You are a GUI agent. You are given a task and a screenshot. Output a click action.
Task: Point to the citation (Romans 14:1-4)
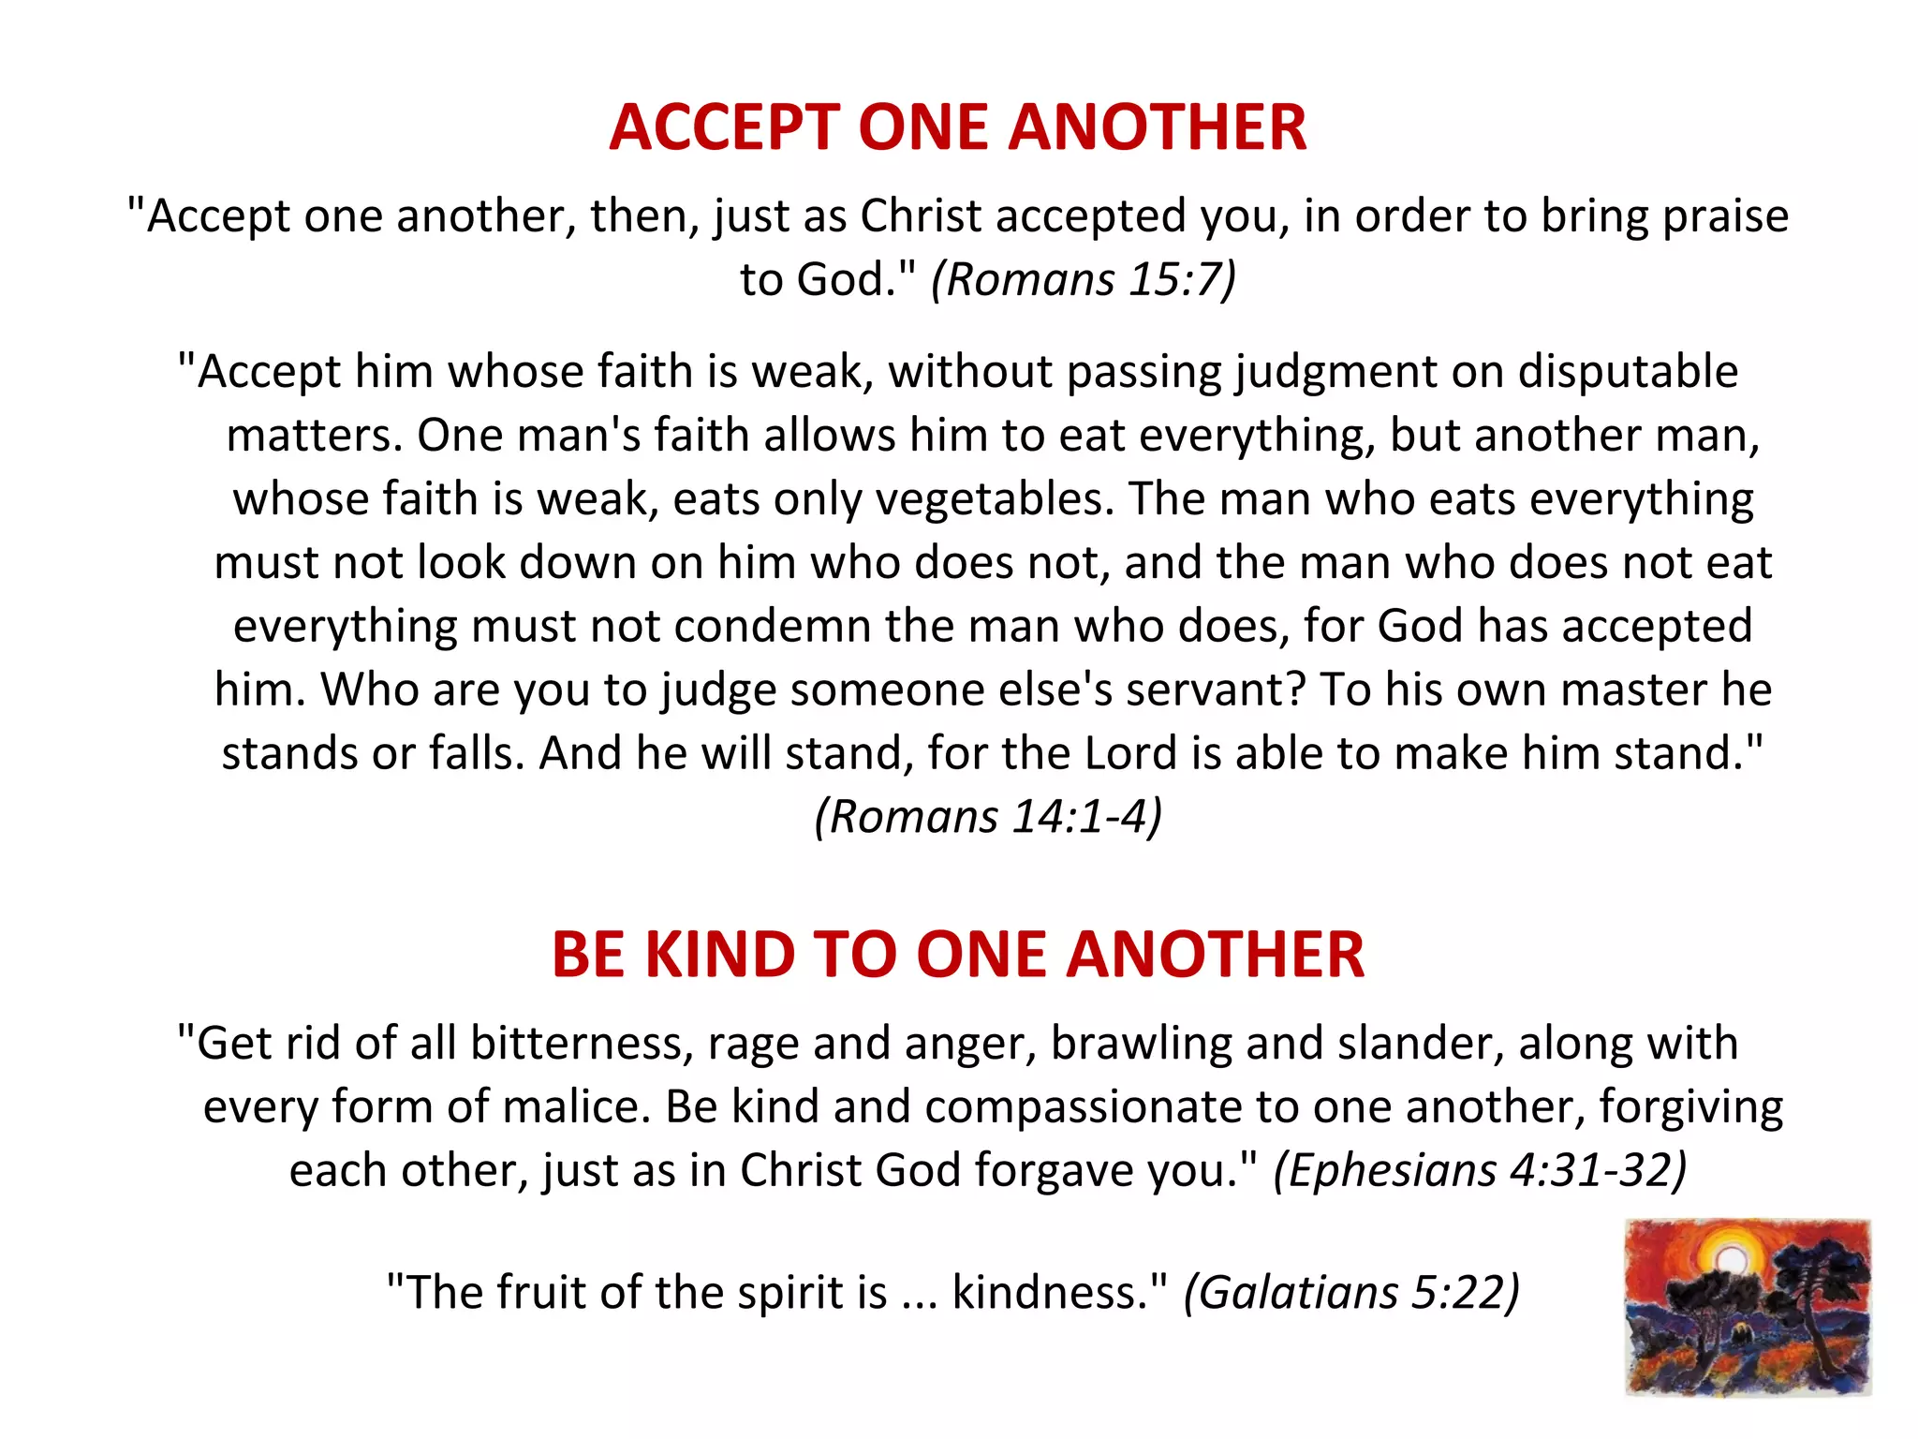click(x=988, y=816)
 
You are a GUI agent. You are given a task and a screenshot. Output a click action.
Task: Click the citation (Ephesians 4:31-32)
click(x=1480, y=1170)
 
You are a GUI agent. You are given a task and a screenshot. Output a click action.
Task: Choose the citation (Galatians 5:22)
click(x=1351, y=1293)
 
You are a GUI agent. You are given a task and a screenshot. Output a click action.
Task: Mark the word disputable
click(x=1628, y=372)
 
